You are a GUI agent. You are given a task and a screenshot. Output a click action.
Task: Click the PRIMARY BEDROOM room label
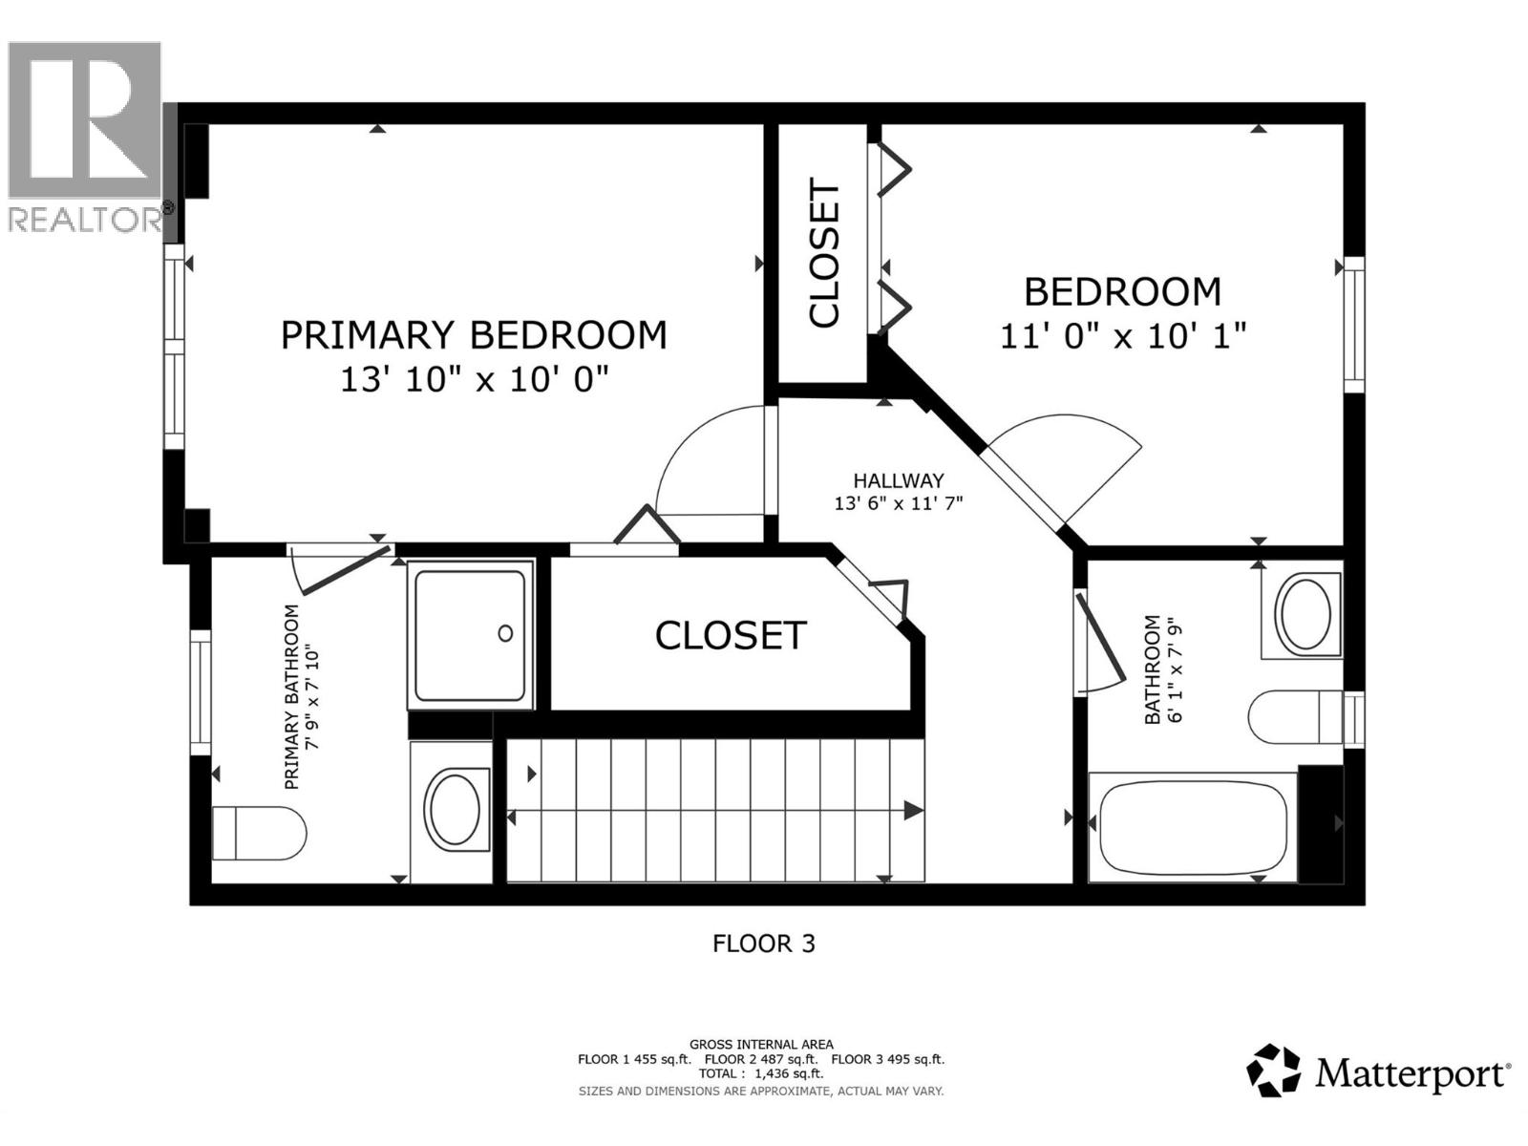tap(474, 335)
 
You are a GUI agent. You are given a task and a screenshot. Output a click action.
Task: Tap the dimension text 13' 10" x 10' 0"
tap(474, 381)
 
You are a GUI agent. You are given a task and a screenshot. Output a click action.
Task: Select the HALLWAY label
tap(898, 481)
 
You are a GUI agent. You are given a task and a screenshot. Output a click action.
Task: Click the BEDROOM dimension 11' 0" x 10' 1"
tap(1123, 336)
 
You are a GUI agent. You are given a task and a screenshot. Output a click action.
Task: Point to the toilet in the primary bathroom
tap(258, 833)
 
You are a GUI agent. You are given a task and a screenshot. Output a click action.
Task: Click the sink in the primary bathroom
tap(455, 810)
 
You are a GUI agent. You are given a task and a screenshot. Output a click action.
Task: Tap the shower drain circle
tap(505, 633)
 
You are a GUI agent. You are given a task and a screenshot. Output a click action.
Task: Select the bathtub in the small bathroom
tap(1192, 827)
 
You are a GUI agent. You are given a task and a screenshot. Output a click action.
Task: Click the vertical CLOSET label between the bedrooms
tap(823, 253)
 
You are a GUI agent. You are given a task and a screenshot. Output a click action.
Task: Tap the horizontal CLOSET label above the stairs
tap(731, 636)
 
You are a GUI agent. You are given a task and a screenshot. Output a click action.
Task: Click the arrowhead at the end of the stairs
tap(913, 811)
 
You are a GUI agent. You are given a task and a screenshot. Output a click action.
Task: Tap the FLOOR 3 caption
tap(763, 944)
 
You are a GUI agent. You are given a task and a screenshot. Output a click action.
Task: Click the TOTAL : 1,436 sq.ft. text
tap(760, 1074)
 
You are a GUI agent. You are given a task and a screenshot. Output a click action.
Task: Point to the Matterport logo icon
tap(1273, 1071)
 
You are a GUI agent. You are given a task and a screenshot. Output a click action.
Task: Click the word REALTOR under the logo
tap(84, 220)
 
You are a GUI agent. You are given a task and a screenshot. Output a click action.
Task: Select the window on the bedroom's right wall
tap(1354, 325)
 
